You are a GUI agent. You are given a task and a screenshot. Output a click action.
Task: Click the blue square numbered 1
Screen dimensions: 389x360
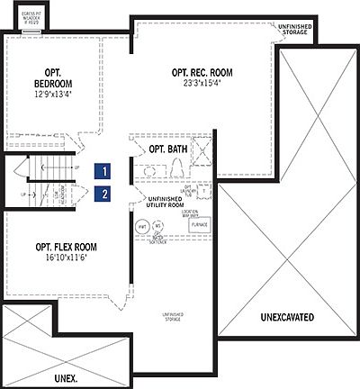105,169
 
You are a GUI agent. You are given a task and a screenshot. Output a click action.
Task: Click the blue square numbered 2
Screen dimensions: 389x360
105,193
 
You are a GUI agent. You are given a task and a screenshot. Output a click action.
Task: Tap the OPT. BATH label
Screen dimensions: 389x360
167,149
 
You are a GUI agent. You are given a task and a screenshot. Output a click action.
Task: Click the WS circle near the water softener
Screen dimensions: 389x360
158,226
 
